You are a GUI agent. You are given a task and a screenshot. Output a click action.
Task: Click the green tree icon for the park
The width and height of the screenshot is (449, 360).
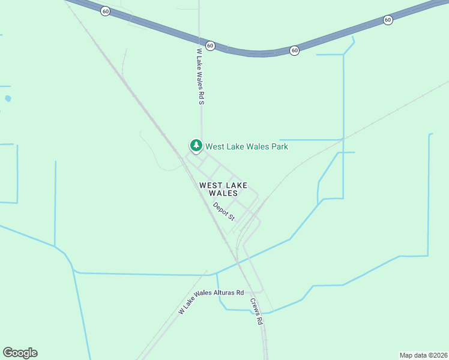click(196, 145)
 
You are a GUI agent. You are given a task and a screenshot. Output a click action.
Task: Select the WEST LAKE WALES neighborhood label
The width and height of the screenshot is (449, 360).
click(223, 190)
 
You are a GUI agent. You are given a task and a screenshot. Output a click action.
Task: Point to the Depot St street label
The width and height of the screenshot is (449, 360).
click(223, 211)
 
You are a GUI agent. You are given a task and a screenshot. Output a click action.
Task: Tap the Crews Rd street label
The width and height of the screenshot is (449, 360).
click(256, 311)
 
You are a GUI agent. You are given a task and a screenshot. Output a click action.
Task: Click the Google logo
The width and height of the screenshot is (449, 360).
click(20, 353)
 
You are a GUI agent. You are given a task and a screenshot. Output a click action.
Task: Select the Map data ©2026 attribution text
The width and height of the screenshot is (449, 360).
click(423, 355)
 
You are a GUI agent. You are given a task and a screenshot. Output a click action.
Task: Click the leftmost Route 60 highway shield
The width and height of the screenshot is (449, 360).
click(105, 11)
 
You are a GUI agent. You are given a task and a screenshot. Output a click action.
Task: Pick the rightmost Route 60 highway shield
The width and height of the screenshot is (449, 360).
click(388, 20)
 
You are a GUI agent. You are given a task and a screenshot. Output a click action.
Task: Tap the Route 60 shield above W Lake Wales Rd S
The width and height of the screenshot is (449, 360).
click(210, 46)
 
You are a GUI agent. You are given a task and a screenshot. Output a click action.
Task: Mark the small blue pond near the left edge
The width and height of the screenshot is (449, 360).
click(8, 98)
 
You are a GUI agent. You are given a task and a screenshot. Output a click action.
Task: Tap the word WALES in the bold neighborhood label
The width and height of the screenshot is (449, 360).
click(223, 194)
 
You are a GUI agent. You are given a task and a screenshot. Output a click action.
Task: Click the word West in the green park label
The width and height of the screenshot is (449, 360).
click(215, 146)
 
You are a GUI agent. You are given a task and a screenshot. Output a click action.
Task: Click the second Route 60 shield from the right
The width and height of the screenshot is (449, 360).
click(294, 50)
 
